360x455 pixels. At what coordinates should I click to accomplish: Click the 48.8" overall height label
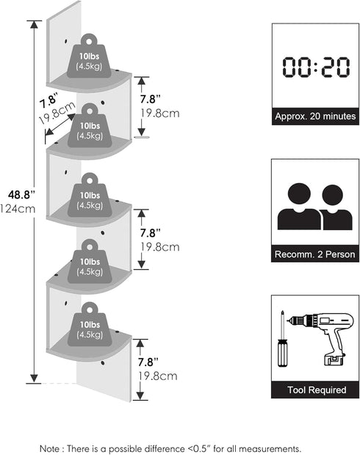coord(21,194)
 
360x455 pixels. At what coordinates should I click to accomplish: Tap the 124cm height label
coord(18,209)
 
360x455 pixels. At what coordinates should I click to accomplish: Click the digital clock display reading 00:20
coord(316,68)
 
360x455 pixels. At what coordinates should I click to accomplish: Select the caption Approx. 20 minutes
coord(315,116)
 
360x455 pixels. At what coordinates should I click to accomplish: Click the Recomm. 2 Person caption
coord(314,254)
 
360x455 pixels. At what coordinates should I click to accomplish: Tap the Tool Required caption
coord(317,390)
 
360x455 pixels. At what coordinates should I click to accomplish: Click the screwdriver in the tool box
coord(282,339)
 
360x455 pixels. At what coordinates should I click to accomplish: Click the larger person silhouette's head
coord(299,193)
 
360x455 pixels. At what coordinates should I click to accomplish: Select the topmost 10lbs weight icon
coord(89,57)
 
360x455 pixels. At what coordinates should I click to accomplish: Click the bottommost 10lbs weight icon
coord(90,324)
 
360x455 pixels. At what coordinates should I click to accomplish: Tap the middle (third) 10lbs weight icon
coord(90,195)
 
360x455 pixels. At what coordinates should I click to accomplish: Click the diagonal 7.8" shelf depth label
coord(48,101)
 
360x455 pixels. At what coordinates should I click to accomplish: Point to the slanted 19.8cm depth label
coord(57,112)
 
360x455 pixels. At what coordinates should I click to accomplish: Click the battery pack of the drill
coord(334,359)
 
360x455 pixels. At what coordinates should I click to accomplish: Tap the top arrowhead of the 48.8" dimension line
coord(35,24)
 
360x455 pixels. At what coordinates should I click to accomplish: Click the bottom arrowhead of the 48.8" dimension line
coord(35,379)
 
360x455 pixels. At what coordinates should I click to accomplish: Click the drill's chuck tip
coord(288,320)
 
